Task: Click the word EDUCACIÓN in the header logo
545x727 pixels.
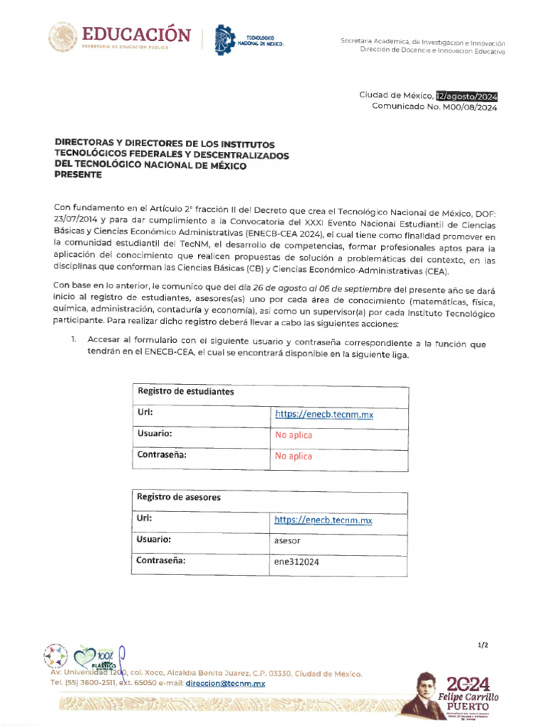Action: coord(136,35)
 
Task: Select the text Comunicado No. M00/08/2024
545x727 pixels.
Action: coord(434,107)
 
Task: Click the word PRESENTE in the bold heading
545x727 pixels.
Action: coord(78,175)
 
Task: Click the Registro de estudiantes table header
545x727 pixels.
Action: coord(186,391)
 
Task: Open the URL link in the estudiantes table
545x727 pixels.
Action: coord(324,414)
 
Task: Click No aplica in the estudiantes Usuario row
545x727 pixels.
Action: coord(293,435)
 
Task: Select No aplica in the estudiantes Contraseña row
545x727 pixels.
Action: coord(293,457)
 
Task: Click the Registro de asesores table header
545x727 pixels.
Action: coord(179,497)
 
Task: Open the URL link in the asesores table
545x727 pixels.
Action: coord(323,520)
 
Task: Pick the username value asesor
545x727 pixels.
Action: coord(287,540)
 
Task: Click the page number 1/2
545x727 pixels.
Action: coord(483,645)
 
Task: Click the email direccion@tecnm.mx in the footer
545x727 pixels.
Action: coord(225,683)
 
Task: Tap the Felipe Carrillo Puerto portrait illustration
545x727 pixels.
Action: coord(427,694)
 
